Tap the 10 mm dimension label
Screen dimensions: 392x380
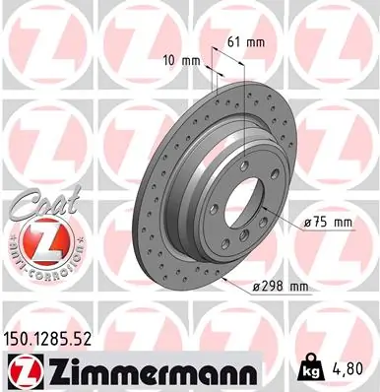pos(184,61)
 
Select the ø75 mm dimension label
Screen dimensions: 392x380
pos(328,224)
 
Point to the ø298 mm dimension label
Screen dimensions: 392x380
pos(282,287)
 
